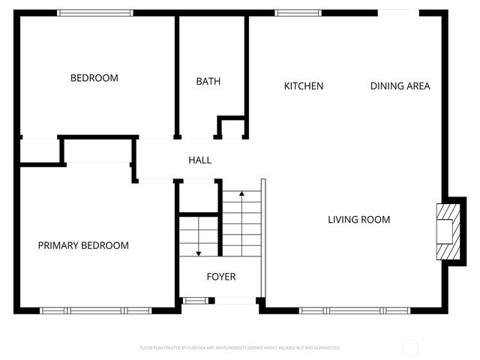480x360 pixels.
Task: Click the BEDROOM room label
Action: point(94,78)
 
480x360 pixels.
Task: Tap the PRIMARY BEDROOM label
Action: point(83,245)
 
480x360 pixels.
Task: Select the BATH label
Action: point(208,82)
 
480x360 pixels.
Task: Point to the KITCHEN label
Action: point(304,86)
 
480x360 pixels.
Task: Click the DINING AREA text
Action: point(400,86)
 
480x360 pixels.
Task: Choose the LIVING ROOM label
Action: point(359,220)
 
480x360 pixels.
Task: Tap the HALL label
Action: point(200,160)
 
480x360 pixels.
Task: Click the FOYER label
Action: point(221,277)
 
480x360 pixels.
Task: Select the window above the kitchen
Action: point(298,13)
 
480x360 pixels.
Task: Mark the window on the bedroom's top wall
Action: point(95,13)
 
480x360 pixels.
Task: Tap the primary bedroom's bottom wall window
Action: point(95,310)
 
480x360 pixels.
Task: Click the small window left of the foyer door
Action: point(195,301)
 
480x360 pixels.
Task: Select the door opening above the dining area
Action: point(398,11)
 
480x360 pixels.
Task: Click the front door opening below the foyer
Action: point(235,301)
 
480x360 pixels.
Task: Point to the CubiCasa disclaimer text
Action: point(240,348)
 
